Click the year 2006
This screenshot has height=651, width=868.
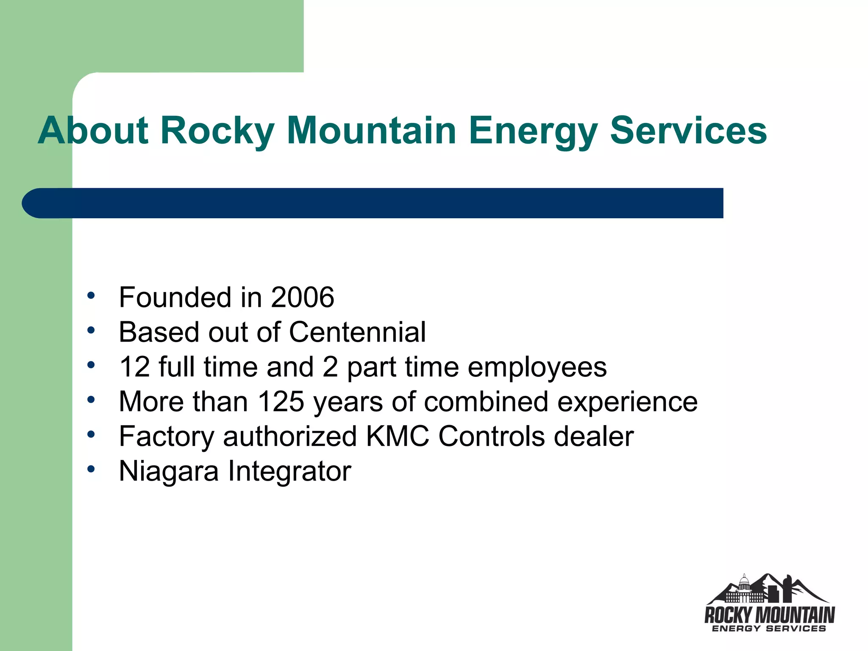(x=302, y=297)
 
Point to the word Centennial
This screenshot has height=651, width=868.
(x=357, y=332)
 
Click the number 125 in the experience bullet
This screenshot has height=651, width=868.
(x=281, y=401)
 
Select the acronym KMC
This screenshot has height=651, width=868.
(x=397, y=436)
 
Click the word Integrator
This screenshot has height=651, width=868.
(x=289, y=471)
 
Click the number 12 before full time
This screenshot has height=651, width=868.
(x=134, y=367)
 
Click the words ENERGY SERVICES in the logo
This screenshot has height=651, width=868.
(x=769, y=629)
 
